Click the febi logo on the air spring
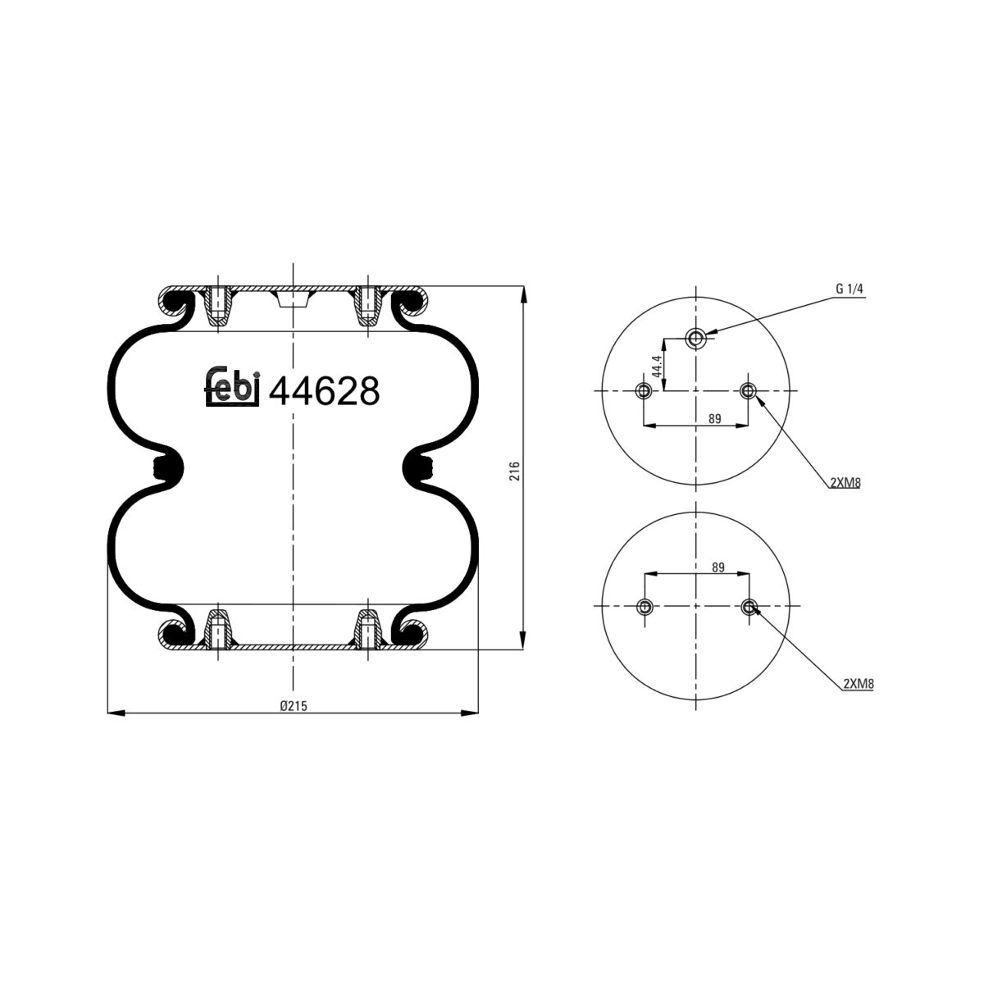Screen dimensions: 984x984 click(x=232, y=388)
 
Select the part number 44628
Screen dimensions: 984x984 click(x=325, y=392)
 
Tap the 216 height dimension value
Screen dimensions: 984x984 click(x=514, y=471)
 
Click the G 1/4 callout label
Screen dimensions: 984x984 click(x=850, y=289)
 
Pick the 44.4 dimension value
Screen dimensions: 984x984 click(x=656, y=366)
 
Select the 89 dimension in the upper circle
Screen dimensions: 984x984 click(x=714, y=419)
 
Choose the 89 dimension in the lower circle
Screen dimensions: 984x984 click(x=717, y=567)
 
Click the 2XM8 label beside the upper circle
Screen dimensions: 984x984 click(x=845, y=483)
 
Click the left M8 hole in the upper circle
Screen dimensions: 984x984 click(x=645, y=390)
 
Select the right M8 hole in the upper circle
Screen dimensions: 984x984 click(x=748, y=390)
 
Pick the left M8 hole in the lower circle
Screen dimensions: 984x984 click(x=645, y=607)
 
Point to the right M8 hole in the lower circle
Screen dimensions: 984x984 click(x=748, y=607)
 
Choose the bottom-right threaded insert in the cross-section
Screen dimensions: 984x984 click(x=367, y=631)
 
